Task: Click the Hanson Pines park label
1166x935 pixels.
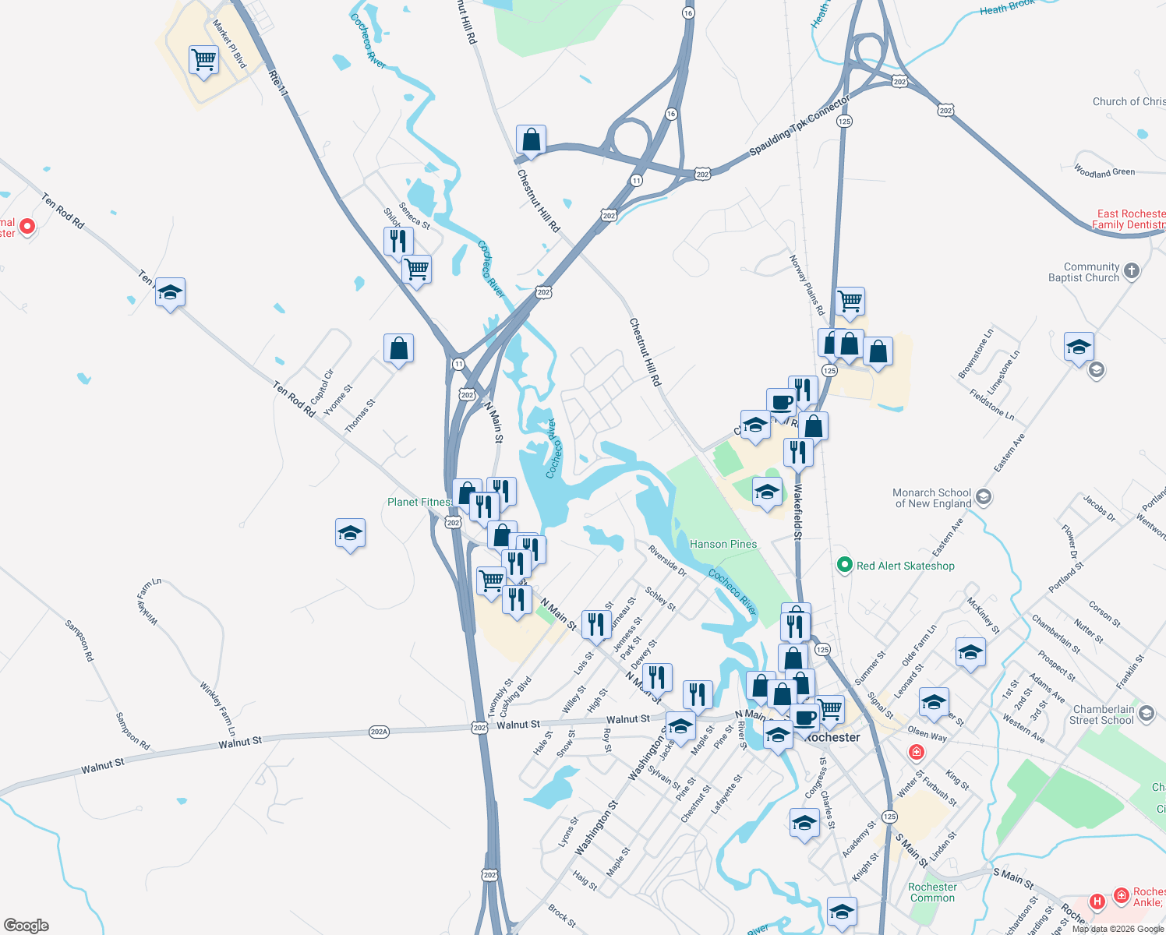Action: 723,544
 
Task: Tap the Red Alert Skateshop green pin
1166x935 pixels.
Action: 844,566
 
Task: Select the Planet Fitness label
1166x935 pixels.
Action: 419,502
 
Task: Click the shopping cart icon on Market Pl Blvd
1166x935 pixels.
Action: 203,59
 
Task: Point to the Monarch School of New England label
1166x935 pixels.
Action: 931,498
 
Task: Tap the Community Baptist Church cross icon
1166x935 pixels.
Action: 1132,271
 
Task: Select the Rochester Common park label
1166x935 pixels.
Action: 932,892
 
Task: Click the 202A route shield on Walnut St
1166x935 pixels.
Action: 379,732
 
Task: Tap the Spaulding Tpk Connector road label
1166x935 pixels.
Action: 799,125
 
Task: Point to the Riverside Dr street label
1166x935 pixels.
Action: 667,560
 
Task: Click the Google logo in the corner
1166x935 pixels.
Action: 26,925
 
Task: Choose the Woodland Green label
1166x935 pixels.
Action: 1104,171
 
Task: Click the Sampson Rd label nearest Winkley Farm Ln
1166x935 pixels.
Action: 132,731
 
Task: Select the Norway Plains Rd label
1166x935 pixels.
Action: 807,285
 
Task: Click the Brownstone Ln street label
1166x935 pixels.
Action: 976,354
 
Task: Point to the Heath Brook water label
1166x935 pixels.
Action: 1006,7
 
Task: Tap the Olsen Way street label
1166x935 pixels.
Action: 927,734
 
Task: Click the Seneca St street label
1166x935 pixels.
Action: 414,216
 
